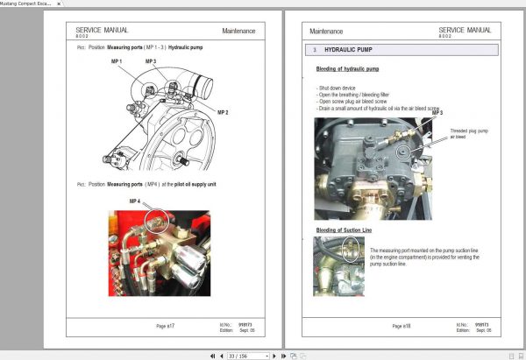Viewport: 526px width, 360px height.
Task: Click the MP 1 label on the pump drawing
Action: click(116, 61)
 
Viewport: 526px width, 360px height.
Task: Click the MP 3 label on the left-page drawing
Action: click(150, 61)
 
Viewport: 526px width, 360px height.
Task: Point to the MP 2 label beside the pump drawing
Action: click(223, 113)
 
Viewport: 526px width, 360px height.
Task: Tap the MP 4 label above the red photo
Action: click(135, 201)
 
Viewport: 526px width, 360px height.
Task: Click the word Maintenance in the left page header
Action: click(238, 31)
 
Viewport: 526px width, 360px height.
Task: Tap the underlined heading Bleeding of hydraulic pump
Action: click(348, 68)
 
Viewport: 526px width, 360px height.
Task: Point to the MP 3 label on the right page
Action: click(437, 113)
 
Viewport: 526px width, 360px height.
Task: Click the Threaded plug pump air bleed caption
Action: click(470, 134)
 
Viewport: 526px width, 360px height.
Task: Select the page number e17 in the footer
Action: click(166, 326)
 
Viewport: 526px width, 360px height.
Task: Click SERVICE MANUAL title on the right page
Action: click(465, 30)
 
